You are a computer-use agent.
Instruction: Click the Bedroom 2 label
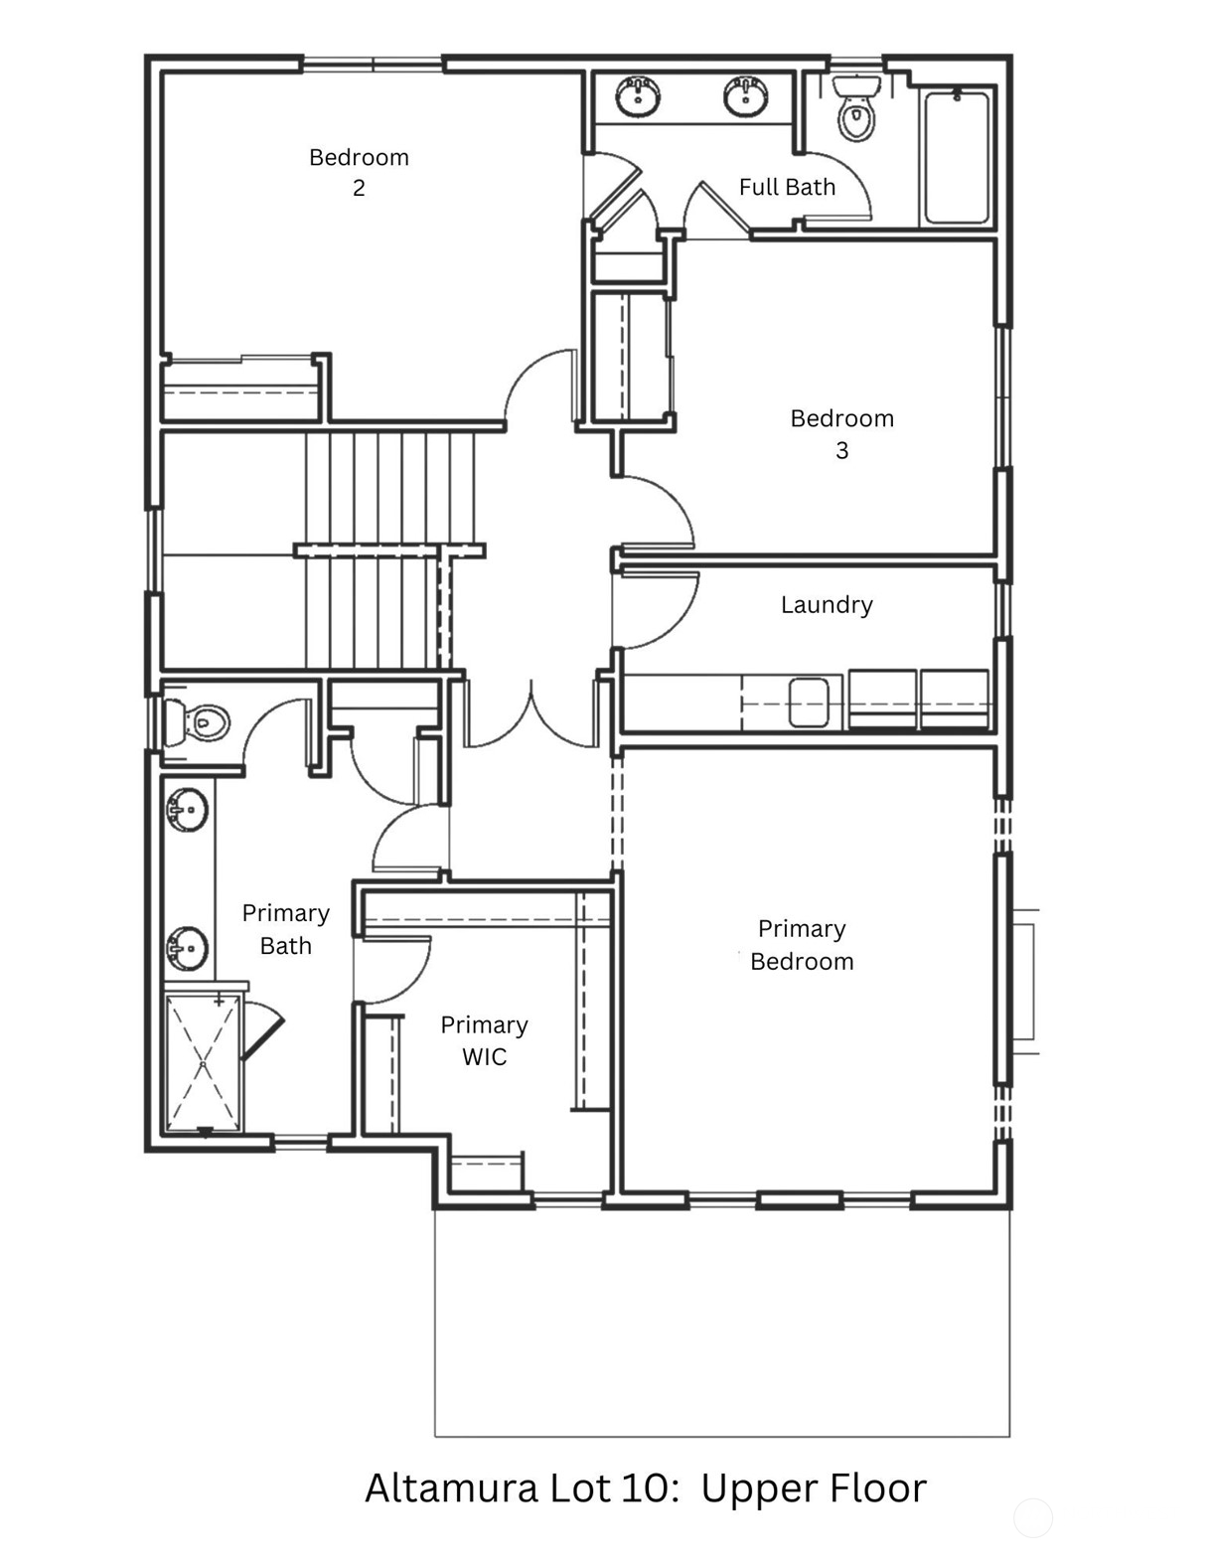[359, 172]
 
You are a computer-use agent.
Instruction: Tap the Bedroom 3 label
[841, 433]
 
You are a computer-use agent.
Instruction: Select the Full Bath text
[787, 187]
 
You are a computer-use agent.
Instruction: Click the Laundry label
[827, 604]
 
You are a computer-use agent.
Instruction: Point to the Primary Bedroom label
[802, 944]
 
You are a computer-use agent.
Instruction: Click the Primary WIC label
[484, 1040]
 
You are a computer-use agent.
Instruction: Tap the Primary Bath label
[285, 929]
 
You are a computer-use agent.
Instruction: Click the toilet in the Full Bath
[855, 109]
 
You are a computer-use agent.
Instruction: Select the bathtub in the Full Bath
[956, 157]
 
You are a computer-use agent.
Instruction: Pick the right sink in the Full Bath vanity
[745, 95]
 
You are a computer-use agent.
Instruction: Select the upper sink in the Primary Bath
[187, 810]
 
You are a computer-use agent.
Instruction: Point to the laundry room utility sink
[808, 702]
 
